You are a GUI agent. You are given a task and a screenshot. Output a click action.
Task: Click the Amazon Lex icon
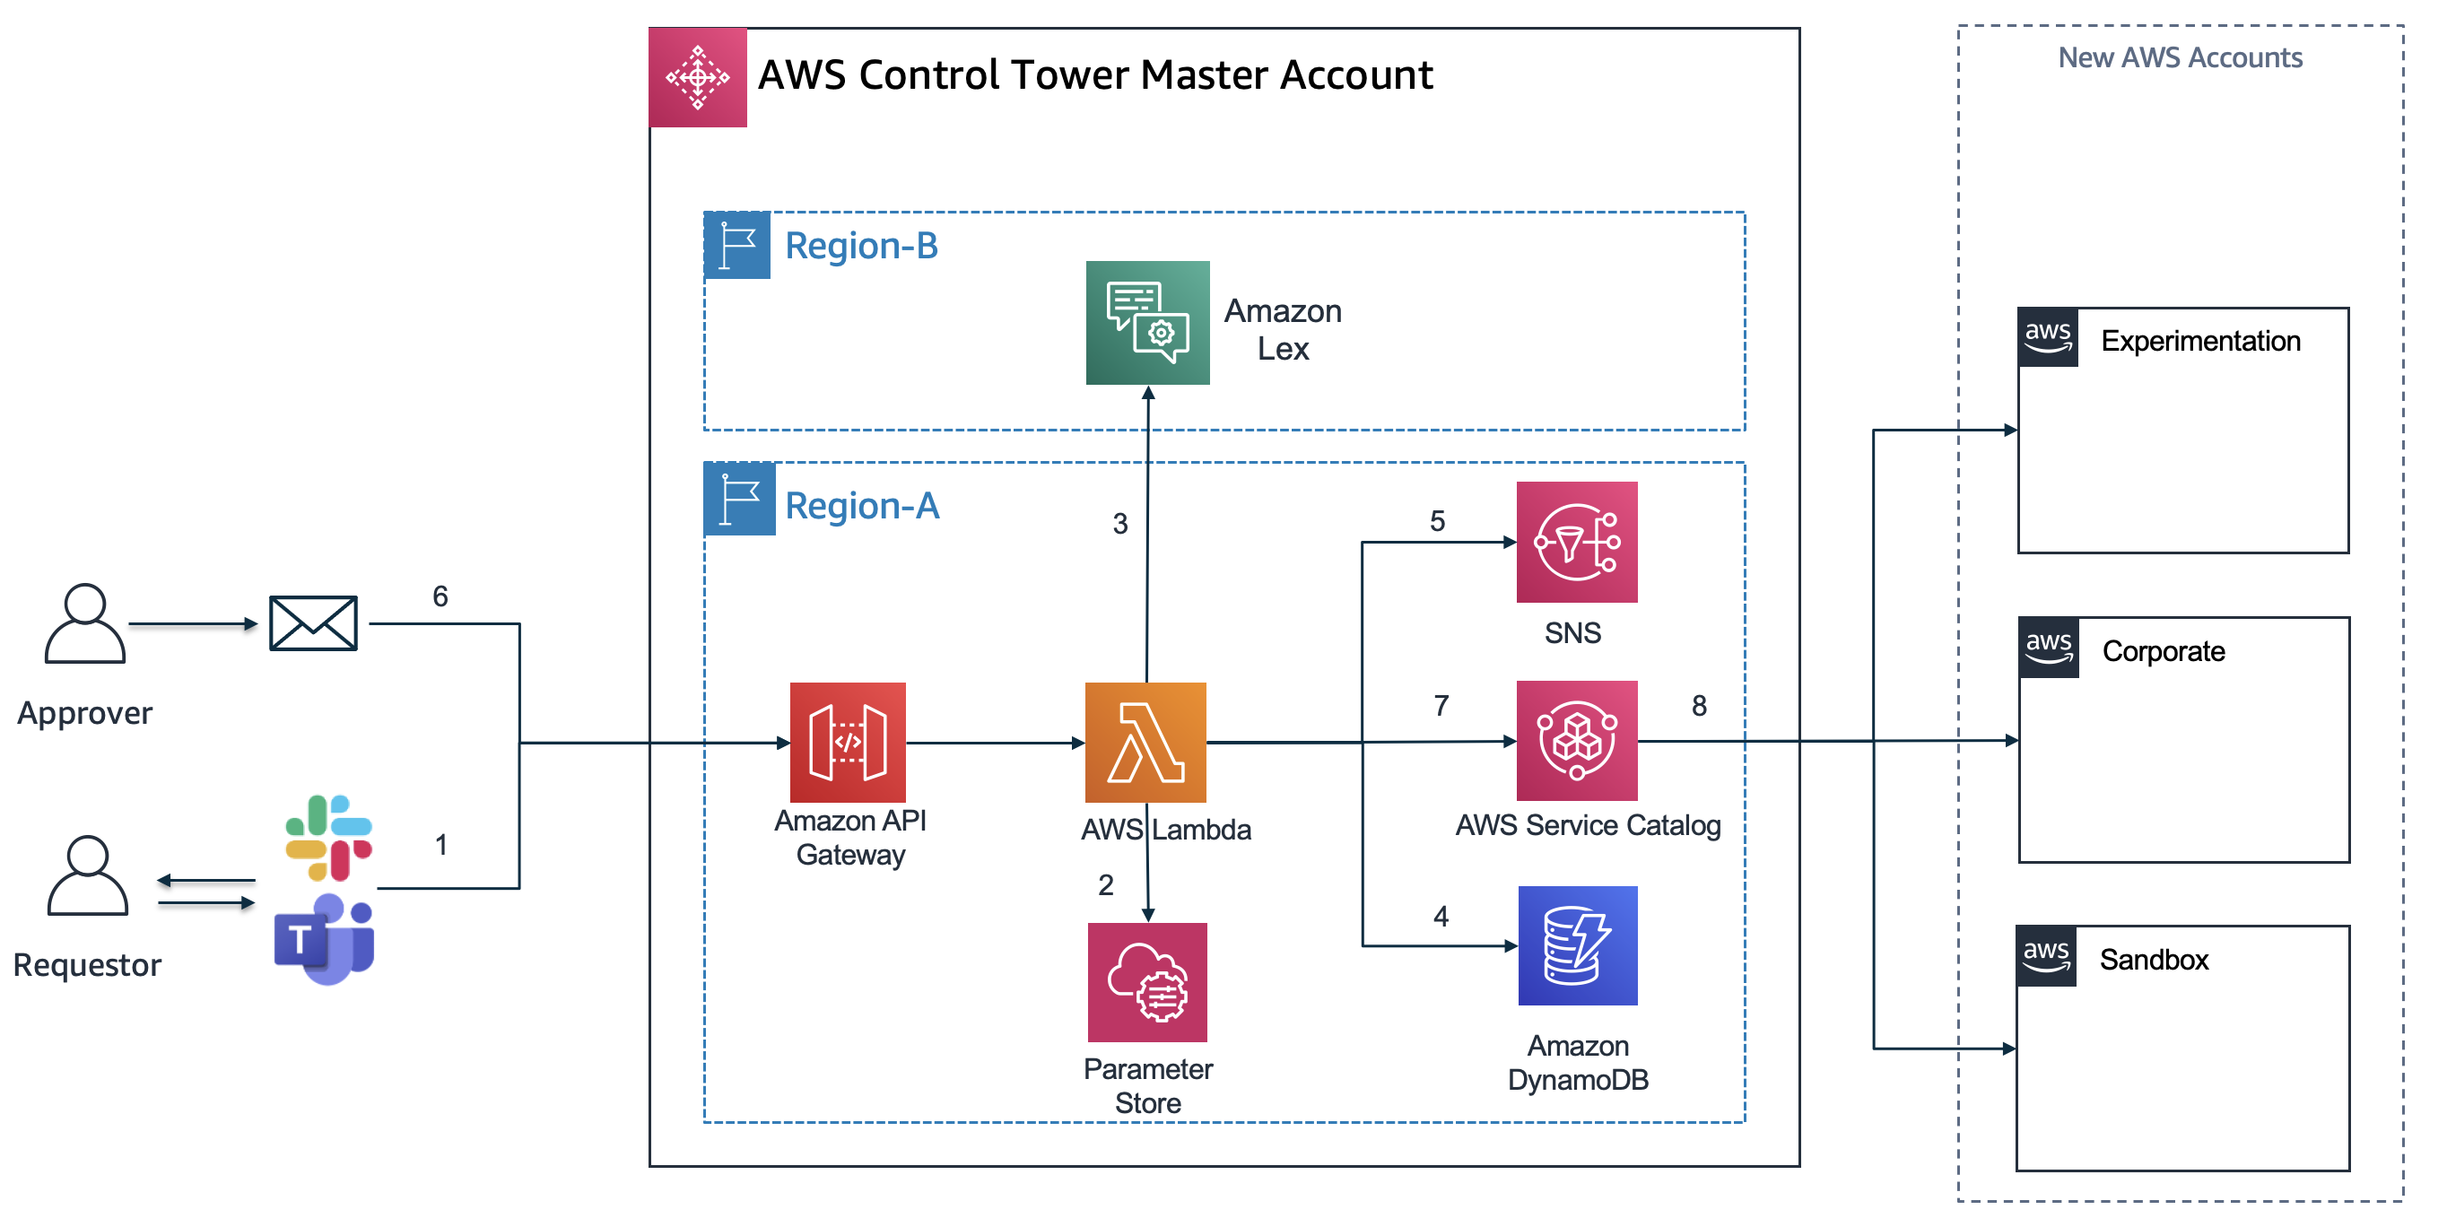(x=1147, y=323)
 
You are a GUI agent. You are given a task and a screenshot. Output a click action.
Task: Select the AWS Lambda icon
(x=1145, y=743)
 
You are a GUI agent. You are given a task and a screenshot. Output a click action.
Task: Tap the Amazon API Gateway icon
(x=848, y=743)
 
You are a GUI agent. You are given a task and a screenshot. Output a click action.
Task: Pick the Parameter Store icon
(x=1147, y=982)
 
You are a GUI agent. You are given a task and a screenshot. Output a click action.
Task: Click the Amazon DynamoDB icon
(x=1578, y=946)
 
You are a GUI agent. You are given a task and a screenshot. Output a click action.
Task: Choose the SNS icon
(x=1577, y=543)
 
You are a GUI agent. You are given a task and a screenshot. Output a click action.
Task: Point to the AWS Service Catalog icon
(x=1577, y=741)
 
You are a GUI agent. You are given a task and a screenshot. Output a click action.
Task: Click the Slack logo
(x=328, y=838)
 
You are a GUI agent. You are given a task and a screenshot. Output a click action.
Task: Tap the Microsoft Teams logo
(x=324, y=939)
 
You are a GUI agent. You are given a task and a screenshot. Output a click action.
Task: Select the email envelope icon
(x=313, y=623)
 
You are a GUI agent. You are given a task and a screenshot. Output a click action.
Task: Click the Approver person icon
(x=84, y=623)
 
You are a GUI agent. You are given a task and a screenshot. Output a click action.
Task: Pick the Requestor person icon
(x=87, y=875)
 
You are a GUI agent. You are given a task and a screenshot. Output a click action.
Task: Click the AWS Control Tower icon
(x=697, y=77)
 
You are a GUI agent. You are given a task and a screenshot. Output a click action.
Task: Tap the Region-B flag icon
(x=737, y=245)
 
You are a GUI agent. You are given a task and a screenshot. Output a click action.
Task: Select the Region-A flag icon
(x=739, y=499)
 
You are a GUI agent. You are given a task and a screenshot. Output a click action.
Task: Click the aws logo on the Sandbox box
(x=2046, y=955)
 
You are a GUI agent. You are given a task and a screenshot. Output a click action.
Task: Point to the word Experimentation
(x=2200, y=341)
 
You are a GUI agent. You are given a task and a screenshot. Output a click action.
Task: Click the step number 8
(x=1700, y=706)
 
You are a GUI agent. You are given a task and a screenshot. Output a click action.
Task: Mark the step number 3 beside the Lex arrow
(x=1121, y=523)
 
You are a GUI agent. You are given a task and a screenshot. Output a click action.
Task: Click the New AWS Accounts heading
(x=2180, y=58)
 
